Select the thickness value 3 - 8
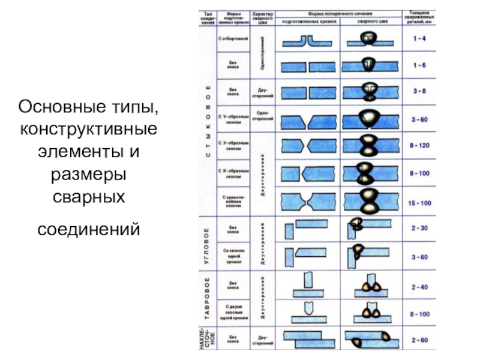click(x=419, y=91)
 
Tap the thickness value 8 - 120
click(x=419, y=145)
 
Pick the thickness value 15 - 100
click(x=419, y=203)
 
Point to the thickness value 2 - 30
click(x=419, y=228)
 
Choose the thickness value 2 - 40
click(x=419, y=287)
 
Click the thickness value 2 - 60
click(x=419, y=340)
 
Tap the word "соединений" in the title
click(x=89, y=230)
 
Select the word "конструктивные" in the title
click(x=89, y=129)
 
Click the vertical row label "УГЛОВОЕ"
click(x=206, y=246)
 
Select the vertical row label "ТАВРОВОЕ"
click(x=206, y=299)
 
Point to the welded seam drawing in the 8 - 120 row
click(x=367, y=145)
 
